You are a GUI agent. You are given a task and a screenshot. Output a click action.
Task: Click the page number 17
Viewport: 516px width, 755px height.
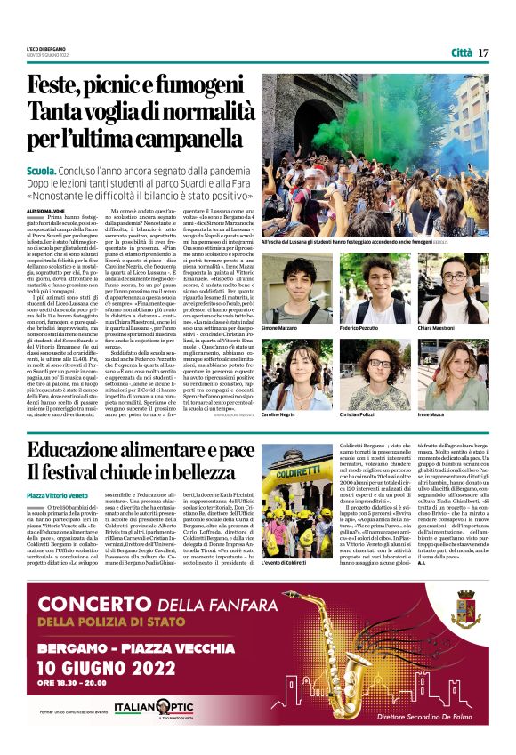point(484,52)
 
